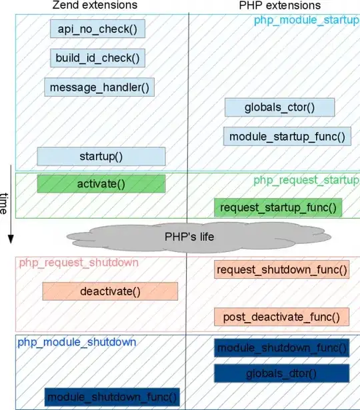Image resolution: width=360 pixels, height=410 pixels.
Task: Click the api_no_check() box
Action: (97, 29)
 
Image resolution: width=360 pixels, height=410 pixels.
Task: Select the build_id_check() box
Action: (97, 58)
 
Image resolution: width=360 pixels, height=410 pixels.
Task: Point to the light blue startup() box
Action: (101, 156)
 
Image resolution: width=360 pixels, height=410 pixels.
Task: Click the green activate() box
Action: (101, 183)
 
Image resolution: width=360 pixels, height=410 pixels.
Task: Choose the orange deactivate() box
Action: (110, 291)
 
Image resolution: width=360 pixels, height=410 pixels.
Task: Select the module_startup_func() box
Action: (287, 137)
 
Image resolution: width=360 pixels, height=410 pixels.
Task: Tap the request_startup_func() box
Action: (278, 207)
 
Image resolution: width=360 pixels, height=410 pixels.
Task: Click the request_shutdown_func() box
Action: (282, 269)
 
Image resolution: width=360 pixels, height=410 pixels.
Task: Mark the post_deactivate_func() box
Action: (281, 317)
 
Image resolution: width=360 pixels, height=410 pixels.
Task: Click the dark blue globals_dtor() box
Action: (281, 373)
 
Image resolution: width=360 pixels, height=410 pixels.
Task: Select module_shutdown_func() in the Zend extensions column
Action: (113, 397)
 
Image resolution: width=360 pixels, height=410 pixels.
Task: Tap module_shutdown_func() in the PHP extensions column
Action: (282, 347)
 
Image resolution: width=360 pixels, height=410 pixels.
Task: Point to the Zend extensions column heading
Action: (94, 5)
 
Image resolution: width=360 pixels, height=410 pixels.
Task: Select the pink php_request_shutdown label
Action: (78, 263)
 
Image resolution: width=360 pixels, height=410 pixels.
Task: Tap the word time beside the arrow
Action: (4, 203)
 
